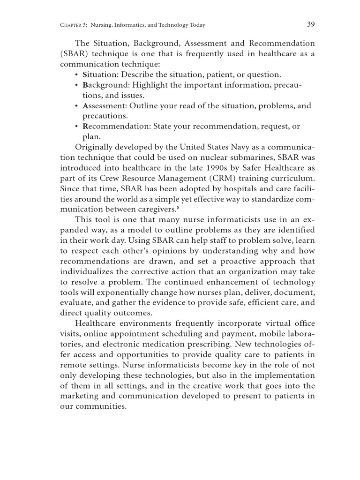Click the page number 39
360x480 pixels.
(x=310, y=24)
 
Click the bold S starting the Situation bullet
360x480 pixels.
(x=85, y=75)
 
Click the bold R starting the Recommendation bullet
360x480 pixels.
(x=85, y=127)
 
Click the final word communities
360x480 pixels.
(x=103, y=406)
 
